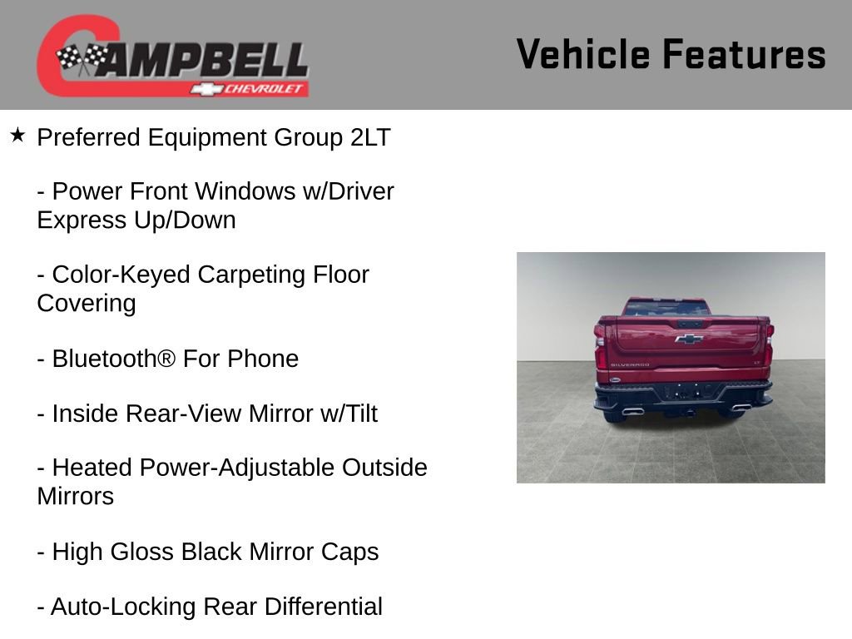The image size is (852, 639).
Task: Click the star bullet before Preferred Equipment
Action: pos(17,134)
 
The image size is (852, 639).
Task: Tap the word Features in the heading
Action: pos(744,54)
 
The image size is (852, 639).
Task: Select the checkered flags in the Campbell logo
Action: pos(81,59)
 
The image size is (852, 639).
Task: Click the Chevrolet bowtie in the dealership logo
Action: pos(204,88)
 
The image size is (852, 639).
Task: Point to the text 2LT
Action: pos(370,137)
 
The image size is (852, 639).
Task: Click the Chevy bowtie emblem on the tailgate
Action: pos(688,339)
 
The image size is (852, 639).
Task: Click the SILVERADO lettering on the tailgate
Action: pos(630,364)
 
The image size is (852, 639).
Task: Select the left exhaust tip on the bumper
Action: pos(632,410)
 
